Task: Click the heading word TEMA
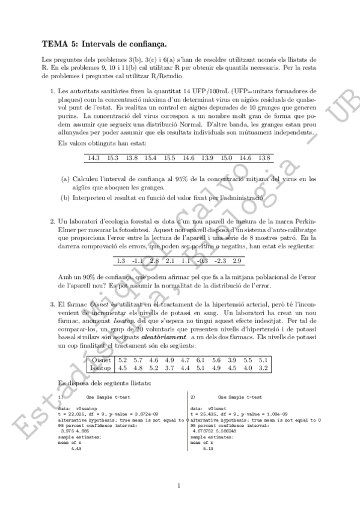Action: pyautogui.click(x=53, y=44)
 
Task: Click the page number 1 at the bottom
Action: pyautogui.click(x=180, y=485)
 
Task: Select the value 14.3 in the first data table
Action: pyautogui.click(x=93, y=158)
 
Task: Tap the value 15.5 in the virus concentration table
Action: pyautogui.click(x=169, y=158)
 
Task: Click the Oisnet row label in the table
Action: pyautogui.click(x=98, y=360)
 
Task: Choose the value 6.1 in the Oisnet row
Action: pyautogui.click(x=201, y=360)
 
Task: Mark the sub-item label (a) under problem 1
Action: pyautogui.click(x=66, y=179)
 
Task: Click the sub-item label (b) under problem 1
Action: pyautogui.click(x=66, y=198)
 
